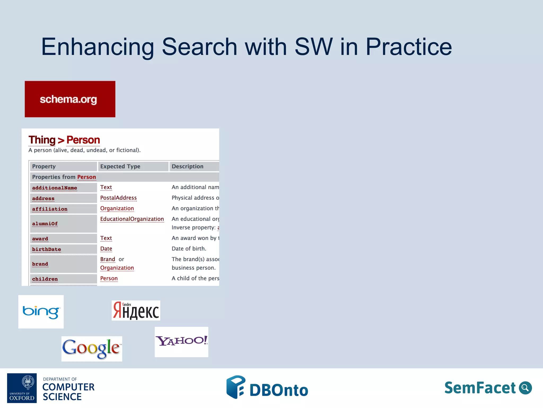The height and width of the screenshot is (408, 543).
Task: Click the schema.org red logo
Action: tap(70, 99)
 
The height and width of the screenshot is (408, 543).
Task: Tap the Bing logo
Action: tap(41, 312)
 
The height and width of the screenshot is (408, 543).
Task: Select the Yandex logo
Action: tap(136, 311)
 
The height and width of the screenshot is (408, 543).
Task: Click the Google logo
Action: tap(92, 348)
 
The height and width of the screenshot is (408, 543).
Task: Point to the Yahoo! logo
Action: tap(181, 342)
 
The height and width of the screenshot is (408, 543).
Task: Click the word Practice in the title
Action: tap(409, 47)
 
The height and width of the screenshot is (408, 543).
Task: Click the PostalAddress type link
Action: tap(118, 198)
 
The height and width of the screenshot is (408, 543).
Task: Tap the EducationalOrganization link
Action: tap(132, 219)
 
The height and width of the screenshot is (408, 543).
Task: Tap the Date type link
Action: tap(106, 249)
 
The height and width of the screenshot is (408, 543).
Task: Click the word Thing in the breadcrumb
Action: tap(42, 140)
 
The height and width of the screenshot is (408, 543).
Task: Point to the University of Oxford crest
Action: tap(28, 382)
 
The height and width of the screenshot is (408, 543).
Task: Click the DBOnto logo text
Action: tap(279, 390)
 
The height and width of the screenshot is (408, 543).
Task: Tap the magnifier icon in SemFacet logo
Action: tap(525, 388)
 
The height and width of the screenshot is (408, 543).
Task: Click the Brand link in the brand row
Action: tap(107, 259)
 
